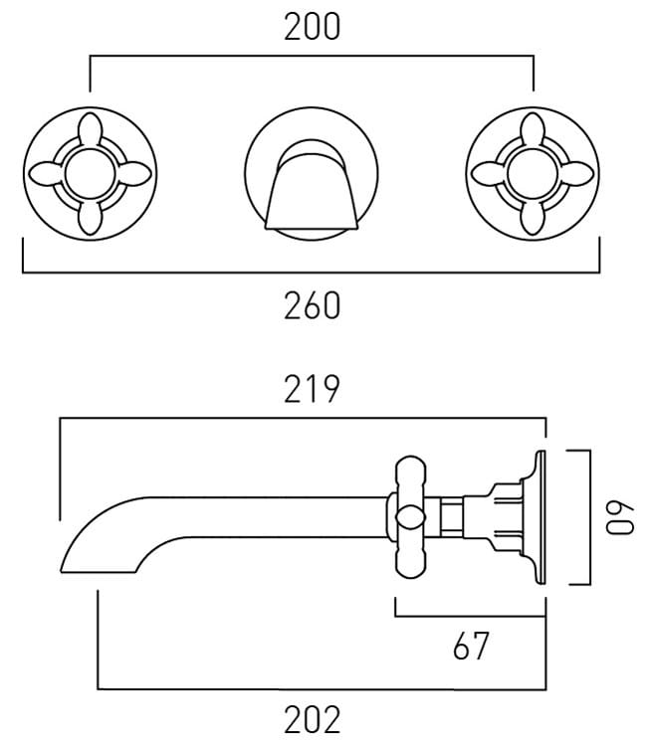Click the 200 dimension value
(x=312, y=27)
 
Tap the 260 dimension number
(x=312, y=305)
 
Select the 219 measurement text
(x=312, y=389)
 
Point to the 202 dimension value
(x=312, y=719)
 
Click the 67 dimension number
(x=471, y=646)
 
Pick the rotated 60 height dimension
(x=620, y=518)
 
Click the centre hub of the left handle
(x=91, y=173)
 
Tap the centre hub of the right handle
(x=533, y=173)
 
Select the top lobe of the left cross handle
(x=91, y=129)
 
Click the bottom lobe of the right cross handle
(x=533, y=217)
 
